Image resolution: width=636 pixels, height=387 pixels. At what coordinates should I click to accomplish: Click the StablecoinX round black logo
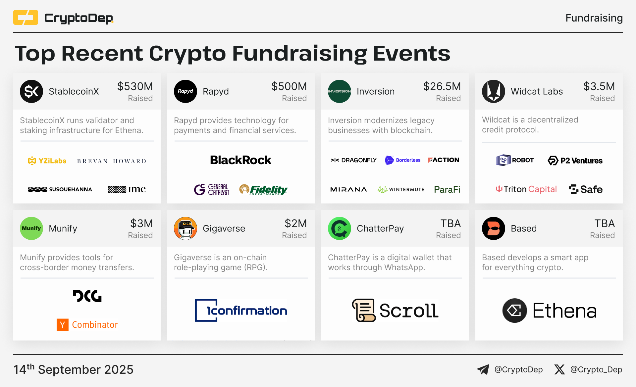(x=31, y=91)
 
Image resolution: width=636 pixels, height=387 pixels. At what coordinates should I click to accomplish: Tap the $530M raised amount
(x=135, y=86)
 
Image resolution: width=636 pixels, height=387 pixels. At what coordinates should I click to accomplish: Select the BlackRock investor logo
(x=241, y=160)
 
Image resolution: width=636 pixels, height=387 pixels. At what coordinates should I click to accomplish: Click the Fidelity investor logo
(x=263, y=189)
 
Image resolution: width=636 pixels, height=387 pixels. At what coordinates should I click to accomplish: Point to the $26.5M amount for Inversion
(x=442, y=86)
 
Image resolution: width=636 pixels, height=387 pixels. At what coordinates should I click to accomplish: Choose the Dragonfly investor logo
(x=353, y=160)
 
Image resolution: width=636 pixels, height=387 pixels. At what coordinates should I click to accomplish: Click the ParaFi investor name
(x=447, y=189)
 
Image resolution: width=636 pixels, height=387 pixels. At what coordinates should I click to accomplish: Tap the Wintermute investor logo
(x=401, y=189)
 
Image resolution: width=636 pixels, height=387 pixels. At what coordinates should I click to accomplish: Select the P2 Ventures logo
(x=575, y=161)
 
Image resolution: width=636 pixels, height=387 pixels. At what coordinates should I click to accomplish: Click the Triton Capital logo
(x=526, y=189)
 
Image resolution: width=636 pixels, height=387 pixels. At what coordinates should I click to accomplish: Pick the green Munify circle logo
(x=31, y=228)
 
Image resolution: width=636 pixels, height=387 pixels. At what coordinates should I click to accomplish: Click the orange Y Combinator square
(x=63, y=325)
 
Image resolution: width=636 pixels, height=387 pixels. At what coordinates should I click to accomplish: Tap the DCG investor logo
(x=87, y=296)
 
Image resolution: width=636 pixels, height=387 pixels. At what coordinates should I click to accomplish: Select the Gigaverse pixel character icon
(x=185, y=228)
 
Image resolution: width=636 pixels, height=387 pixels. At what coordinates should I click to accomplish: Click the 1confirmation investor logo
(x=241, y=311)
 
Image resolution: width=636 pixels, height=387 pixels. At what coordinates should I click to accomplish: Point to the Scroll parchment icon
(x=364, y=310)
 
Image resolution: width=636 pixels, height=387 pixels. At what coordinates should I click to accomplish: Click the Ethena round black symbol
(x=515, y=311)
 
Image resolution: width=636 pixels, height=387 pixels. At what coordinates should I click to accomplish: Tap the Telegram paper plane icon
(x=483, y=369)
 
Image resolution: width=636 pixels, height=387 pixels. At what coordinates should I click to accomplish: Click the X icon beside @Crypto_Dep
(x=559, y=369)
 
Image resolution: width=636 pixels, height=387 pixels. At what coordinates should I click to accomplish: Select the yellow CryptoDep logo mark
(x=26, y=18)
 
